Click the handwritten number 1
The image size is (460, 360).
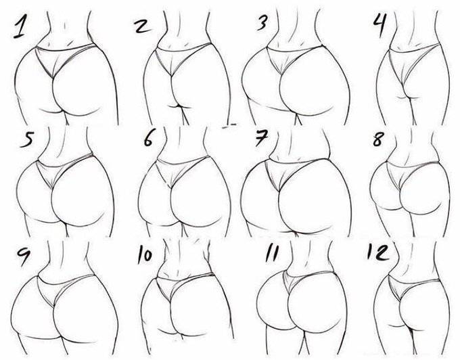coord(19,26)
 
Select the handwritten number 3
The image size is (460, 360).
coord(262,22)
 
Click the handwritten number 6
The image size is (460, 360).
coord(148,139)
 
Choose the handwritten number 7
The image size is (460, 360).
coord(261,137)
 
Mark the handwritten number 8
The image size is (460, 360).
coord(377,139)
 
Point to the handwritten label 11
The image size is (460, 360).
coord(271,253)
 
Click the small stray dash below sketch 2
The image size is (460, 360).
coord(229,126)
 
